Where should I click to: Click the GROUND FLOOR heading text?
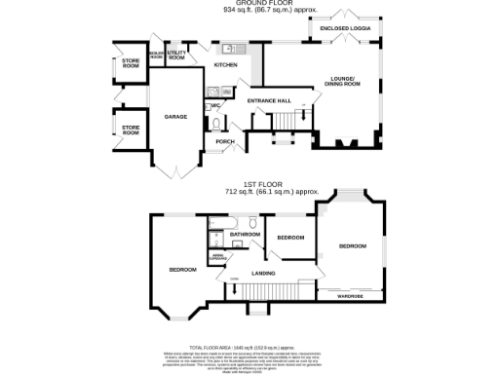250,4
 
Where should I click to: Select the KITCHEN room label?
226,64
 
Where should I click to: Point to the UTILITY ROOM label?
176,56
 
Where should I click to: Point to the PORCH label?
224,142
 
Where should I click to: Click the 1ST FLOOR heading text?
250,186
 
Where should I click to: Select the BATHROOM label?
245,235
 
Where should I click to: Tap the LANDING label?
262,274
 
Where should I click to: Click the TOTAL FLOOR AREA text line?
250,347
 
